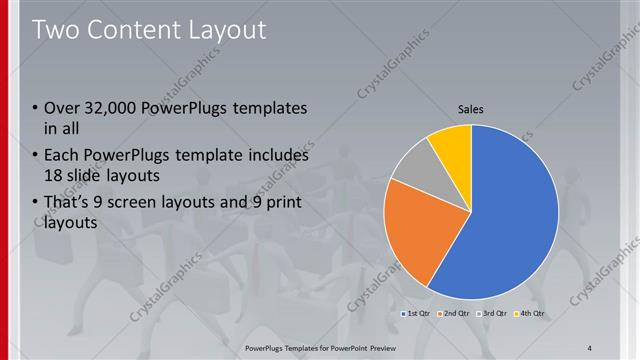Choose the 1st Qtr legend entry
tap(418, 314)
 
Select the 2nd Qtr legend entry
tap(456, 314)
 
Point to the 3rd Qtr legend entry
tap(494, 314)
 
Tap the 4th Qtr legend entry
tap(532, 314)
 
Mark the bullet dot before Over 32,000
tap(37, 108)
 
